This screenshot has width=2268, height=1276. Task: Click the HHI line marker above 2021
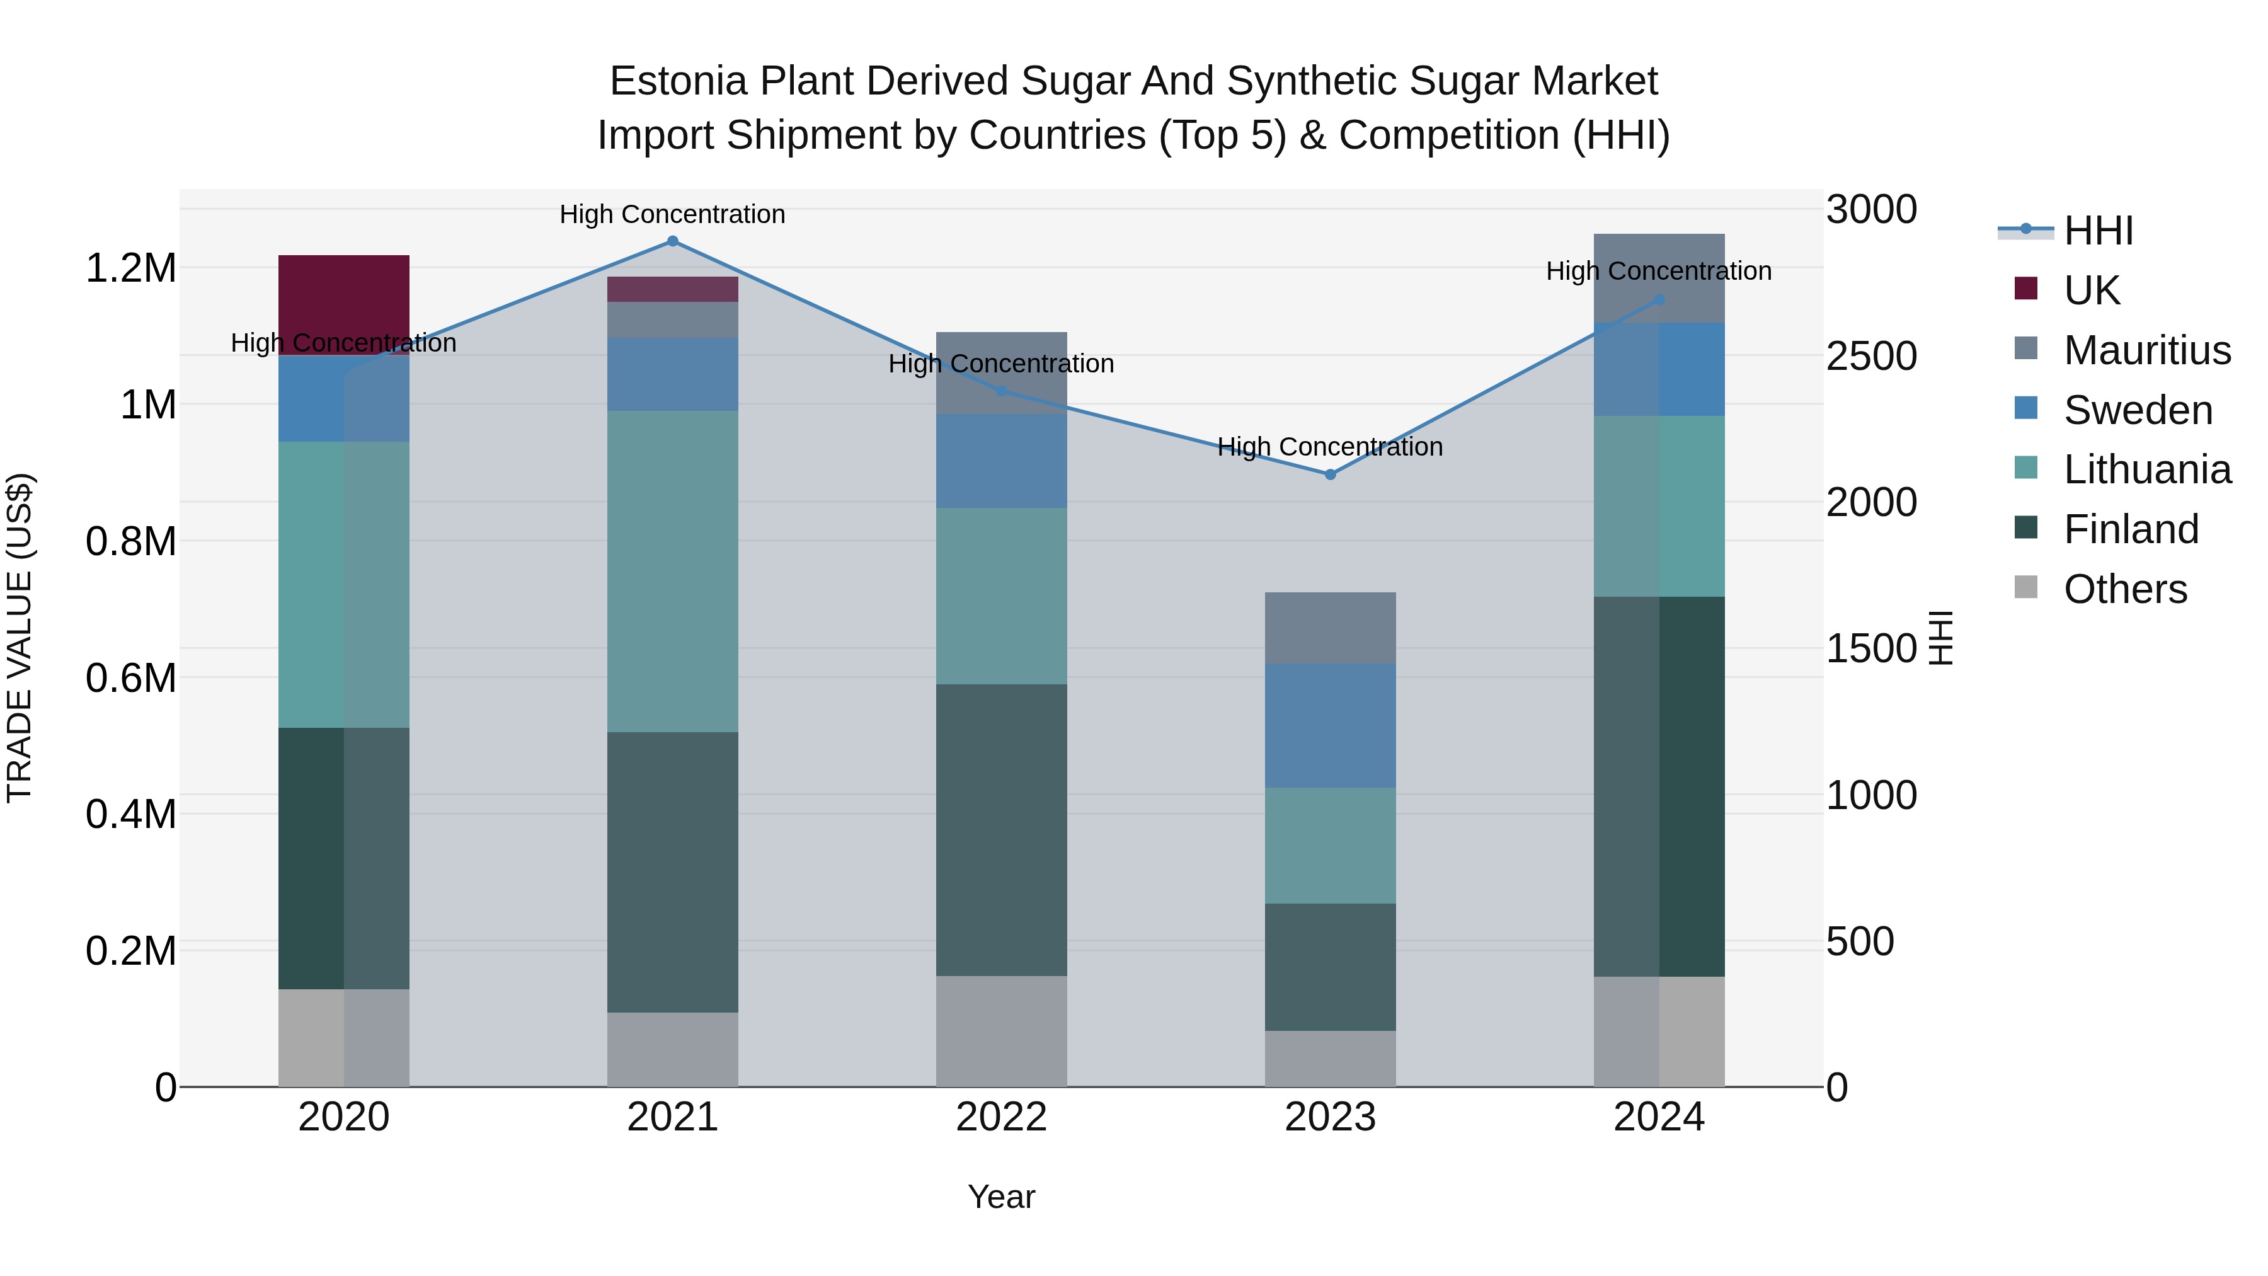click(673, 241)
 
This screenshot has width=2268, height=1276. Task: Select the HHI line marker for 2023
click(1331, 474)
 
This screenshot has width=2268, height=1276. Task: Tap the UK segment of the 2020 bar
click(343, 305)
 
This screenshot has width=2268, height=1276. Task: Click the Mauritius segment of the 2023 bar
click(1331, 628)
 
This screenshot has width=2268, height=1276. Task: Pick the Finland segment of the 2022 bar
click(1001, 829)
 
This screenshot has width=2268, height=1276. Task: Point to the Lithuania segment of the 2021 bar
click(673, 572)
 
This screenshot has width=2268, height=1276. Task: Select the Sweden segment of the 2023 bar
click(1331, 726)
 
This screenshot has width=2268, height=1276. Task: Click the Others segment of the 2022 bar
click(1001, 1031)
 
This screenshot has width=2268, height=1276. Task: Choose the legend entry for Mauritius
click(2146, 350)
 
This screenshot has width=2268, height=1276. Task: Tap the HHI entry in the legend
click(2098, 231)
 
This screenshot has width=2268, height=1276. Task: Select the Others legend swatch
click(2026, 587)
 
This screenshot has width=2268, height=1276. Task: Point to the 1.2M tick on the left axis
click(130, 268)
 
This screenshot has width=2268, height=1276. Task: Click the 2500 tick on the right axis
click(1871, 357)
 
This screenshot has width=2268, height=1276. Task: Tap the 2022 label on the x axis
click(1001, 1117)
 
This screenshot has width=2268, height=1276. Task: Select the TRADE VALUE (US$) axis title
click(20, 638)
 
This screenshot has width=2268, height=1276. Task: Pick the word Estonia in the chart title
click(678, 81)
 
